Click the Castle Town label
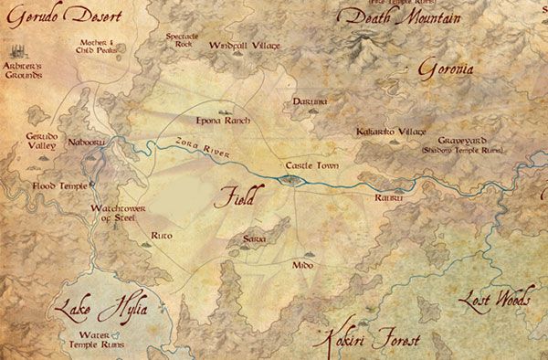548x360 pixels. click(x=312, y=164)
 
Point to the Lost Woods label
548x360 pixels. click(x=496, y=302)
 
